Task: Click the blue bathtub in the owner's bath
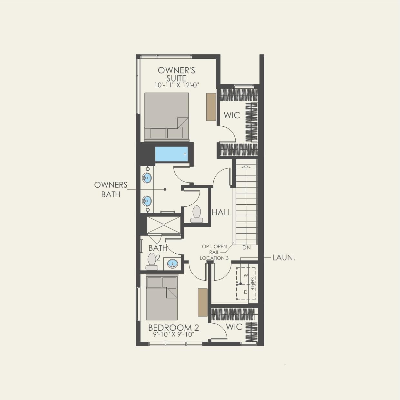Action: (171, 154)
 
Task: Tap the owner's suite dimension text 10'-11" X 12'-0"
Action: (177, 85)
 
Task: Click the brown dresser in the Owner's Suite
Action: (211, 107)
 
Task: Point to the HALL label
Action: (221, 212)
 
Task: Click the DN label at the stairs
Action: (247, 248)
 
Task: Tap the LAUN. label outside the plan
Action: (284, 258)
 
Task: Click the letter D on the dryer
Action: (246, 292)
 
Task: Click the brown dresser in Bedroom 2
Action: (202, 302)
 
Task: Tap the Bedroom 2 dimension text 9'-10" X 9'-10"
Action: (173, 335)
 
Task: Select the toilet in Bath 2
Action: (151, 261)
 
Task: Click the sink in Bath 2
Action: (172, 264)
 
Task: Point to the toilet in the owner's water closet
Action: (197, 214)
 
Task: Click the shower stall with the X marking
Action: (164, 225)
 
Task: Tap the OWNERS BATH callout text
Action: (111, 190)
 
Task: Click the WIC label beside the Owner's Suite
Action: (232, 115)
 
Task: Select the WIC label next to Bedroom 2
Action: (234, 327)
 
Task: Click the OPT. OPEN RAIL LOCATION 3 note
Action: (214, 252)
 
